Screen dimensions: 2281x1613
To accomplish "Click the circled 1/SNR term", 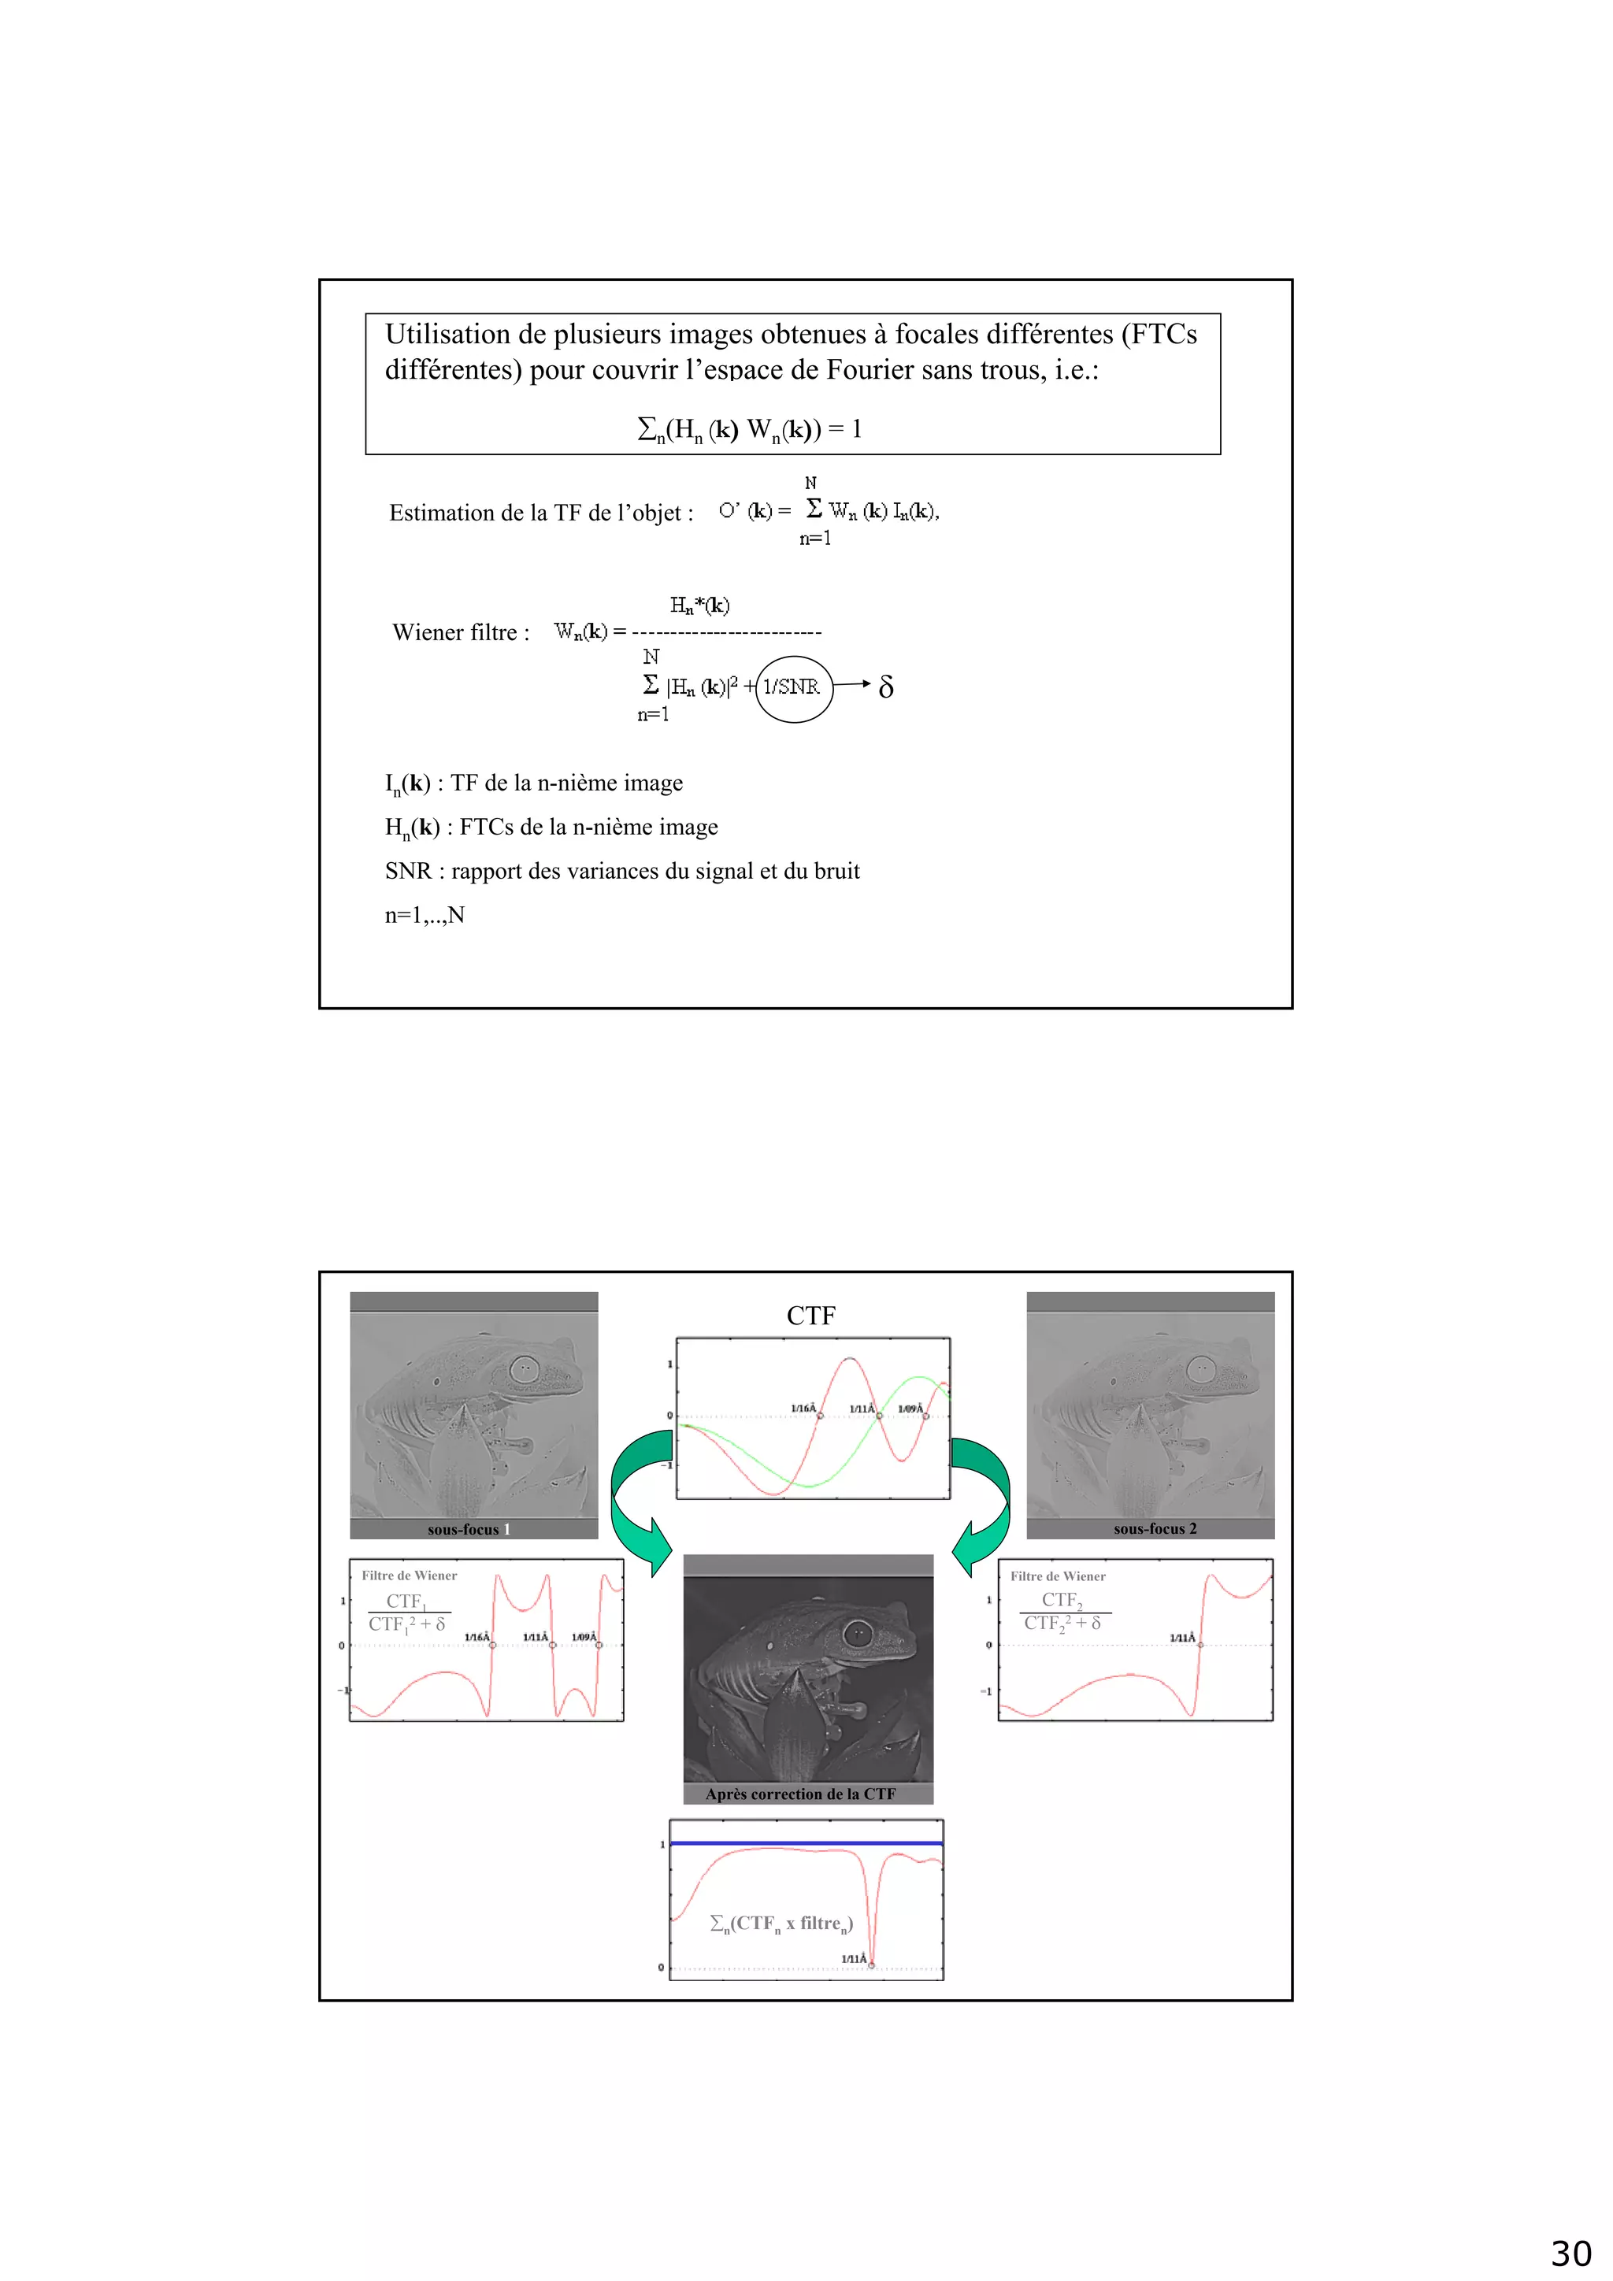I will (x=792, y=687).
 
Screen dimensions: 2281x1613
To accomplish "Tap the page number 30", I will (x=1570, y=2253).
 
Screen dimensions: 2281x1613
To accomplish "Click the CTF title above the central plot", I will (x=811, y=1316).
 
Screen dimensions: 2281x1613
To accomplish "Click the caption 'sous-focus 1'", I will (x=468, y=1529).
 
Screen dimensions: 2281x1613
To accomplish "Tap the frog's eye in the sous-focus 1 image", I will (x=524, y=1369).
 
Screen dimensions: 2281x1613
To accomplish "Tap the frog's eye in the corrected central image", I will (x=857, y=1633).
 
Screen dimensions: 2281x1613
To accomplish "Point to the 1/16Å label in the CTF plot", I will (x=803, y=1408).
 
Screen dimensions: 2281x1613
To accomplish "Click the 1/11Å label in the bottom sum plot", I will (x=854, y=1958).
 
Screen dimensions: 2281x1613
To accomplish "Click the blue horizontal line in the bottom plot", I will (x=805, y=1843).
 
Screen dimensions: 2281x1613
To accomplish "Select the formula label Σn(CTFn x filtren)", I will (x=781, y=1924).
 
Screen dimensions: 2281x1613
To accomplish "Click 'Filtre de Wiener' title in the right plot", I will (x=1058, y=1576).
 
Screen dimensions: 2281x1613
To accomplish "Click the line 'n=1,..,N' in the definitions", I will (x=425, y=915).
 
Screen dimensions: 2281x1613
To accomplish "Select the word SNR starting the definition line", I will (x=407, y=872).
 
